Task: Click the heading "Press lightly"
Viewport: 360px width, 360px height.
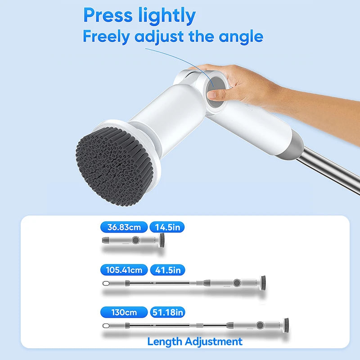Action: [139, 16]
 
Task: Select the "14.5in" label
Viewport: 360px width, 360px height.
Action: [167, 227]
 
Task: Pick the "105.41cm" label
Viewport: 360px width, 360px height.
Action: [124, 270]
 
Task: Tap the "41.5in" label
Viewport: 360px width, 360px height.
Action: [167, 270]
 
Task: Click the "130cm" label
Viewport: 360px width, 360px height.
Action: [124, 312]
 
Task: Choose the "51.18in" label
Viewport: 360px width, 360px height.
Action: [167, 312]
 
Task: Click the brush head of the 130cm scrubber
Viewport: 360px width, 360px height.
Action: [286, 323]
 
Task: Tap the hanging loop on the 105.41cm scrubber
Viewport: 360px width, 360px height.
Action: [106, 283]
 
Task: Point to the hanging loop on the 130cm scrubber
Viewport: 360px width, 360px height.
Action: [106, 325]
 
